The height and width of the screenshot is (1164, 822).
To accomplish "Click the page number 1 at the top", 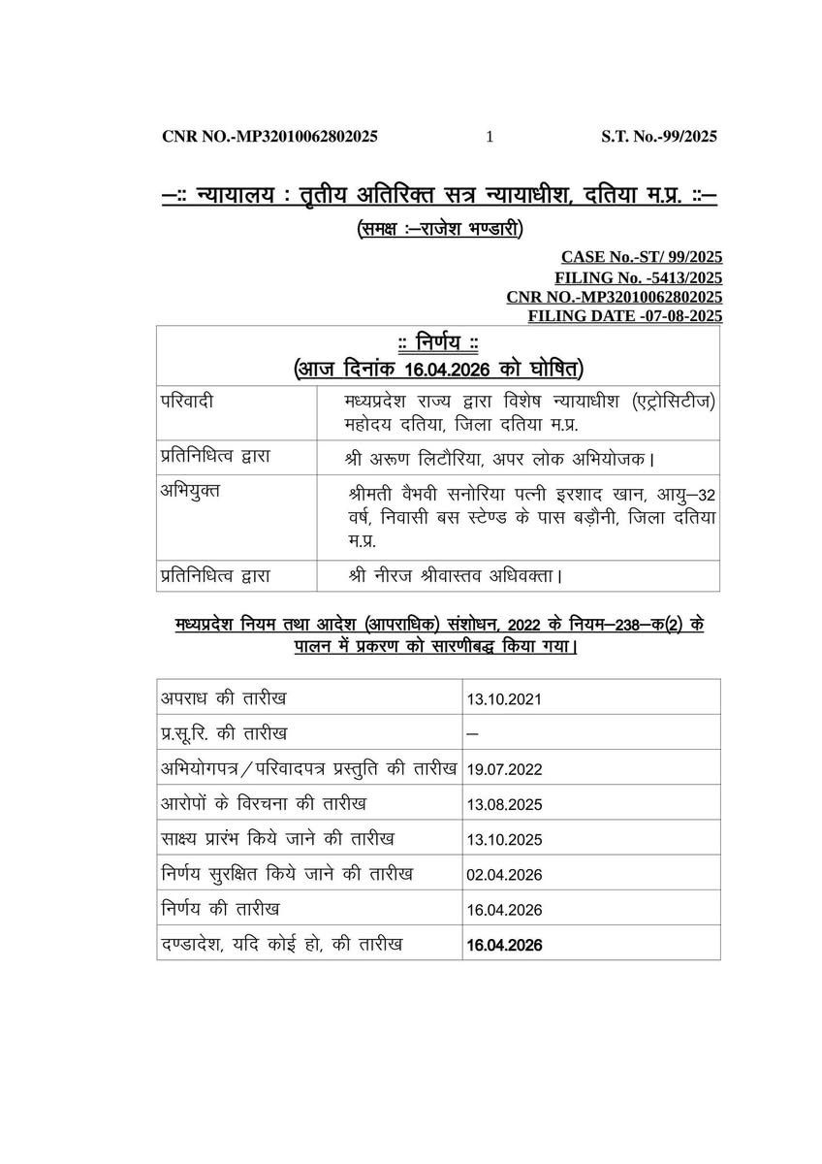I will click(490, 137).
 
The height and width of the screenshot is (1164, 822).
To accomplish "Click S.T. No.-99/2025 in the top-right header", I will click(659, 137).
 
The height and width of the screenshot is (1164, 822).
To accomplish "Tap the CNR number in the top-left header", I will click(269, 137).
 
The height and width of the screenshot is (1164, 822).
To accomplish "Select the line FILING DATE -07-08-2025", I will click(624, 316).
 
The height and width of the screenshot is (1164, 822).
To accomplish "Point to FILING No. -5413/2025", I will click(638, 277).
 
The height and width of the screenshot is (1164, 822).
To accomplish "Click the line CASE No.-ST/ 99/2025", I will click(641, 257).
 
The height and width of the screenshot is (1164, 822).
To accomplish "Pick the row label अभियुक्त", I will click(191, 490).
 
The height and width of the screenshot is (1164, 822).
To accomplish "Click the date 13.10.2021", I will click(503, 698).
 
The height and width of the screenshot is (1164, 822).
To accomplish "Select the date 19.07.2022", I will click(503, 769).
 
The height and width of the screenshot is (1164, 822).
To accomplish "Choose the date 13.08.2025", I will click(503, 804).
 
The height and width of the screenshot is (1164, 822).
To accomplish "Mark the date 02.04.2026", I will click(503, 875).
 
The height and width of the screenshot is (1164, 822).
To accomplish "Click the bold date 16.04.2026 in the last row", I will click(504, 945).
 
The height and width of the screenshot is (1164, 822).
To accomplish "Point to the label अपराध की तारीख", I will click(224, 698).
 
